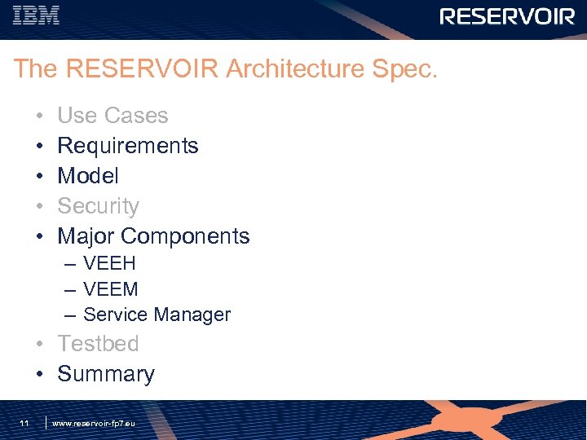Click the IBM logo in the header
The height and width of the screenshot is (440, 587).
point(37,15)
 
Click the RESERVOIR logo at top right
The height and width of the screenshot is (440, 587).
point(507,16)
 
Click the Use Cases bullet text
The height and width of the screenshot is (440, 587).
point(113,116)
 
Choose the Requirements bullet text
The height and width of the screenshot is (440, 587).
point(128,146)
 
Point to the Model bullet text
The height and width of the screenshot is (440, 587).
point(88,176)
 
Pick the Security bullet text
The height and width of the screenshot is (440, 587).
point(98,206)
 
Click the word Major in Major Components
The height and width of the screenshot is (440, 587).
point(86,236)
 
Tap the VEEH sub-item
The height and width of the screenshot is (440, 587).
point(109,264)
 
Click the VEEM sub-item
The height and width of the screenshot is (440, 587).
point(111,289)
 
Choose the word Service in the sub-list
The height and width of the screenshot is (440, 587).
point(114,315)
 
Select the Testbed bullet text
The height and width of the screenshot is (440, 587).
point(98,344)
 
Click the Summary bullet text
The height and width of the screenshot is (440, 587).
point(105,374)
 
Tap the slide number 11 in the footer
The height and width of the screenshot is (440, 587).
point(24,423)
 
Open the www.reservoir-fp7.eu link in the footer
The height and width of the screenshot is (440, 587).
point(93,424)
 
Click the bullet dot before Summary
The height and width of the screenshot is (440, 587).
point(38,375)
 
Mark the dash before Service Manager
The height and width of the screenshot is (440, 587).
point(70,315)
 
